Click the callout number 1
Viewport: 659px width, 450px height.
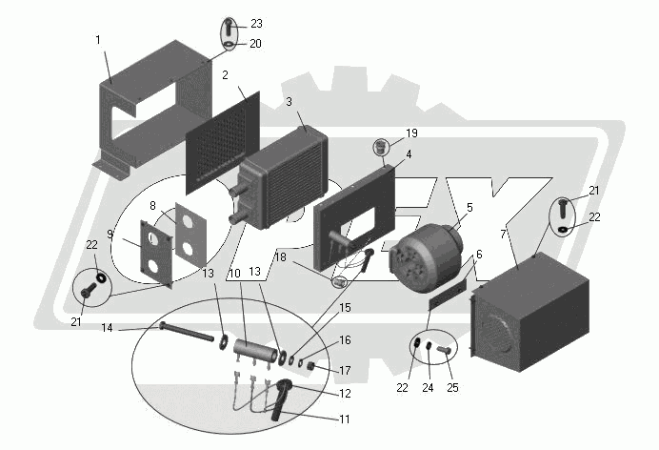point(98,40)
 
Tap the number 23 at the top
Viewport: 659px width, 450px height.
point(256,24)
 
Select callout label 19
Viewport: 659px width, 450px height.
point(411,133)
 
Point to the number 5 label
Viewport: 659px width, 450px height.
point(469,207)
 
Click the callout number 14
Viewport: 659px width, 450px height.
point(108,328)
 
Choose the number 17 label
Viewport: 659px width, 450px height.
point(345,371)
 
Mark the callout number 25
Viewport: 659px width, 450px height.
point(452,388)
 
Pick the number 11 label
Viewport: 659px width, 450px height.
point(345,419)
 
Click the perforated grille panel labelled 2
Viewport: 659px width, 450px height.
point(223,143)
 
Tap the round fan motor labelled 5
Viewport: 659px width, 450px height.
point(428,257)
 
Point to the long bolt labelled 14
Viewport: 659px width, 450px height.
point(187,332)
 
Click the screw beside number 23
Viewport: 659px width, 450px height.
point(229,27)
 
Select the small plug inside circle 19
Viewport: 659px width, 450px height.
point(380,148)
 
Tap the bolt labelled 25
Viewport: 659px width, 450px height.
point(445,349)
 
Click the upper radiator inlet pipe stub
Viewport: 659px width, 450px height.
point(236,192)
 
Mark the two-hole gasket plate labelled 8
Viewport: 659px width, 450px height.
point(191,235)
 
